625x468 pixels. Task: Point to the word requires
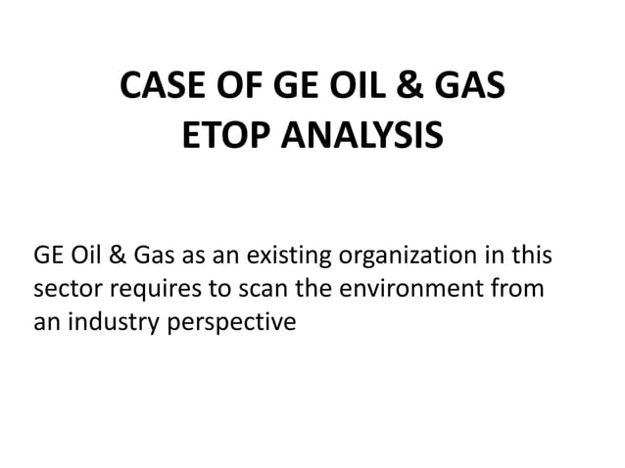pyautogui.click(x=153, y=290)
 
